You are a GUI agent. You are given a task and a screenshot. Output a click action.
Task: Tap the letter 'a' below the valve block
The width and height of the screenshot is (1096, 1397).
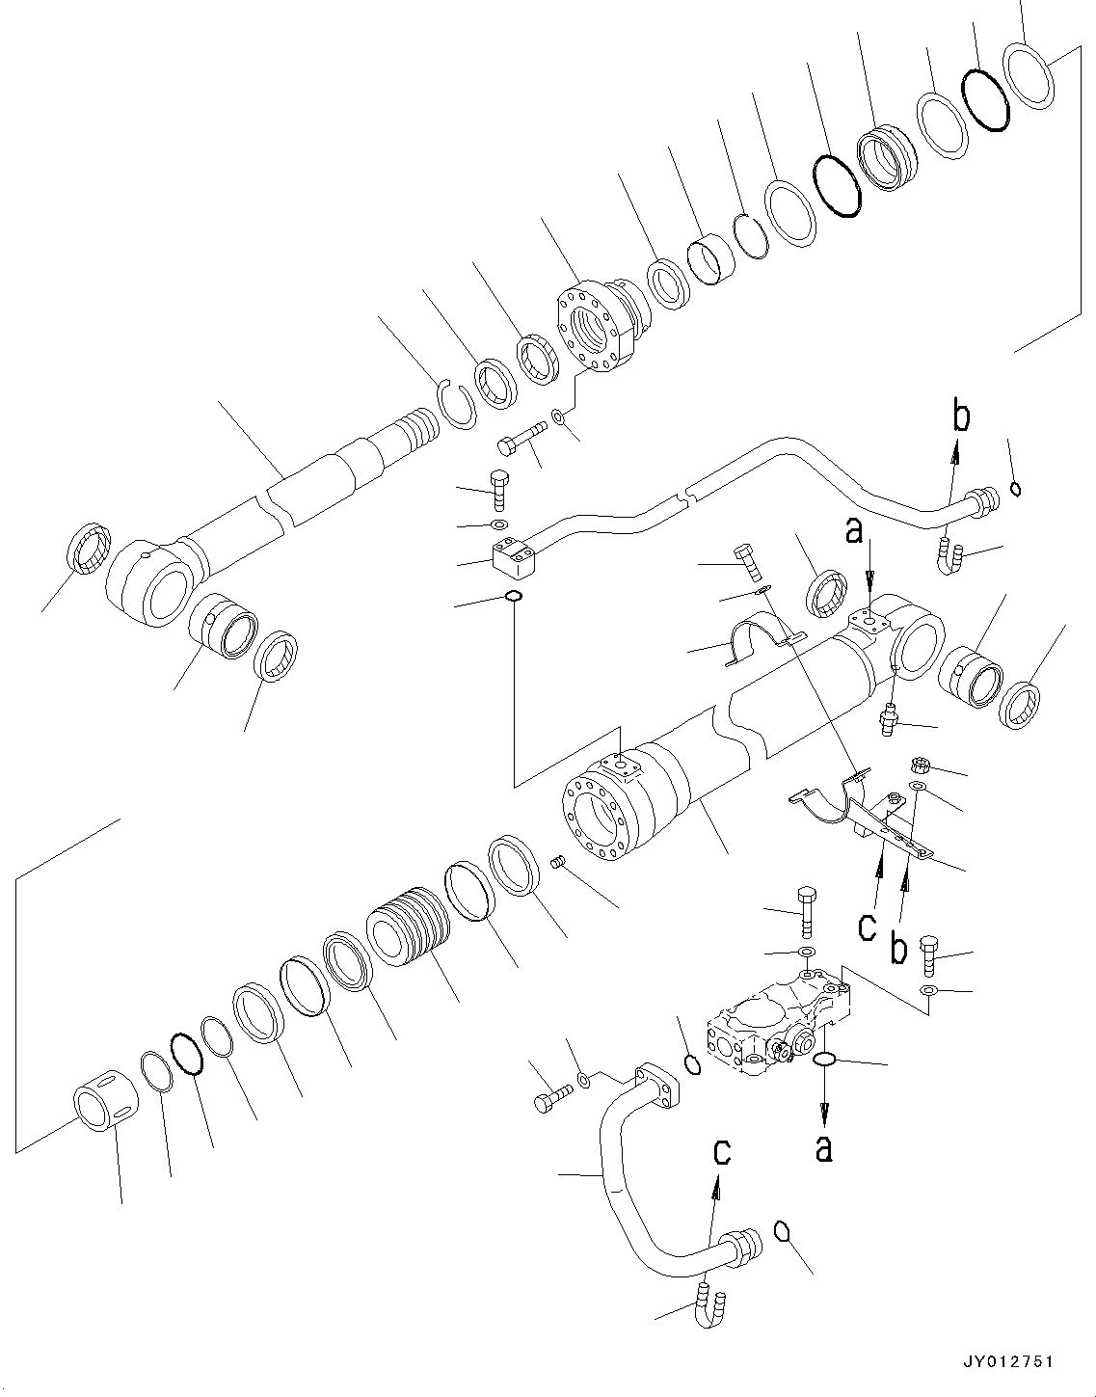click(823, 1148)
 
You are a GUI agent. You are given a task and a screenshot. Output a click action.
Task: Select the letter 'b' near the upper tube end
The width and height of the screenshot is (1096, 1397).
click(960, 417)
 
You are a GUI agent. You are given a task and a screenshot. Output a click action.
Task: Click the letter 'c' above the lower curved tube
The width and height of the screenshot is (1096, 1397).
click(721, 1152)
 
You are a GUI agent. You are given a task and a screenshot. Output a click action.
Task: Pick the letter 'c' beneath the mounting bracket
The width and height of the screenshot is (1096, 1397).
click(868, 927)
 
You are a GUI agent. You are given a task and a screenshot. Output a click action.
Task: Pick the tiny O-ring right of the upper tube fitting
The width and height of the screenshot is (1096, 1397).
click(1016, 489)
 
